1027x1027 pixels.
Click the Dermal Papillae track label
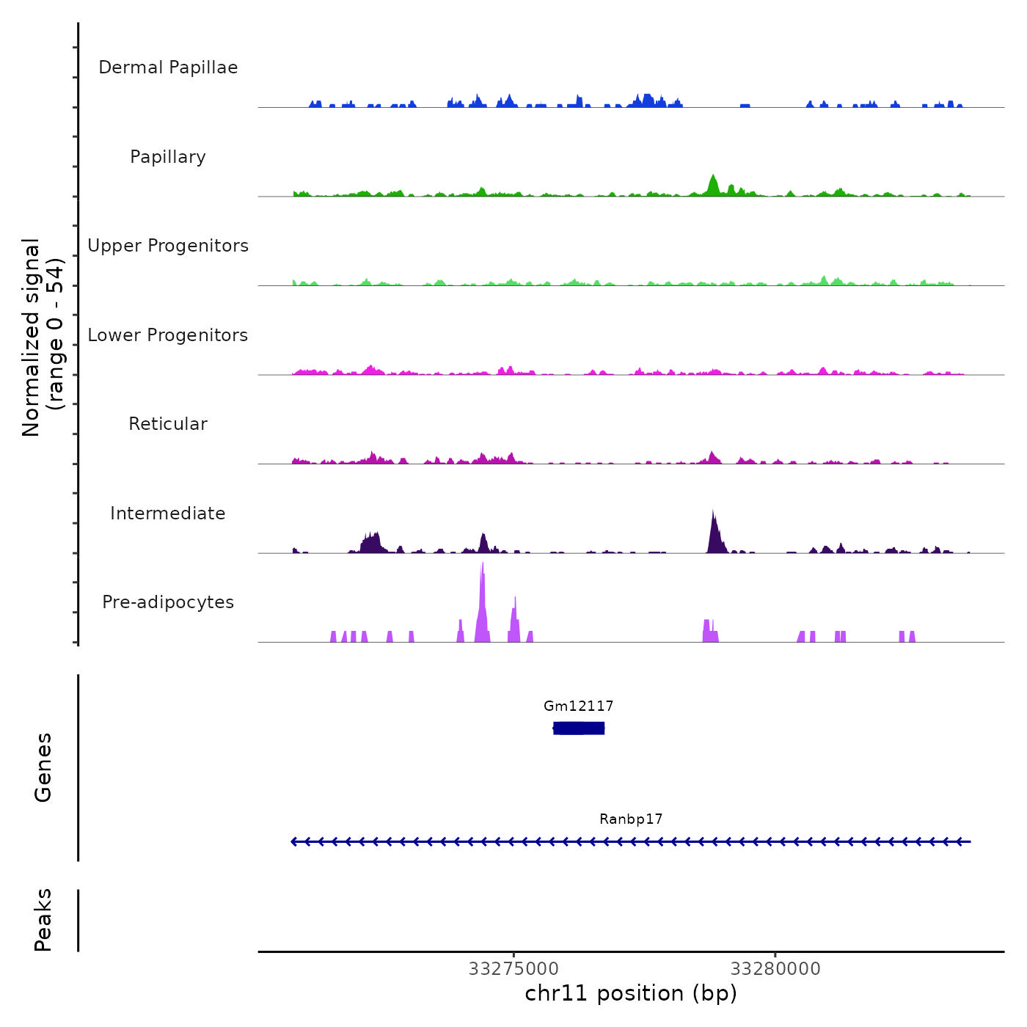(x=168, y=67)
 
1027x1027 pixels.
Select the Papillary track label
(x=168, y=157)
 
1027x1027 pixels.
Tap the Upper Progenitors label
(x=168, y=246)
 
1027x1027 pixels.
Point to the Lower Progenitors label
(x=168, y=335)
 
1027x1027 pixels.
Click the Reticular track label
(x=168, y=424)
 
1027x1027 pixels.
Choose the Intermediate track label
(x=168, y=513)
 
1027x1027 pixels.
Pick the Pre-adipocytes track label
(x=168, y=602)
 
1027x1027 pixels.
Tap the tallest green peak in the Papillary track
(x=712, y=178)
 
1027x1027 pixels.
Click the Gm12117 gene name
(x=578, y=706)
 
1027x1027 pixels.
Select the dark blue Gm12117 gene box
(x=579, y=728)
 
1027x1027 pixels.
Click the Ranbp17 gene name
(x=631, y=819)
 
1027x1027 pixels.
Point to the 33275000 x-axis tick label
(x=513, y=969)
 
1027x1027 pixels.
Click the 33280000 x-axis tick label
(x=775, y=969)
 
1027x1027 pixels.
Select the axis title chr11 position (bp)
(x=631, y=993)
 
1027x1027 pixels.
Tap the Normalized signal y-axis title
(x=43, y=337)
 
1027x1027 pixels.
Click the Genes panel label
(x=43, y=767)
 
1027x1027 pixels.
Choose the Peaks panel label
(x=43, y=920)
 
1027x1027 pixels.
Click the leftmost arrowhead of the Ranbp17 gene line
(x=295, y=841)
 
